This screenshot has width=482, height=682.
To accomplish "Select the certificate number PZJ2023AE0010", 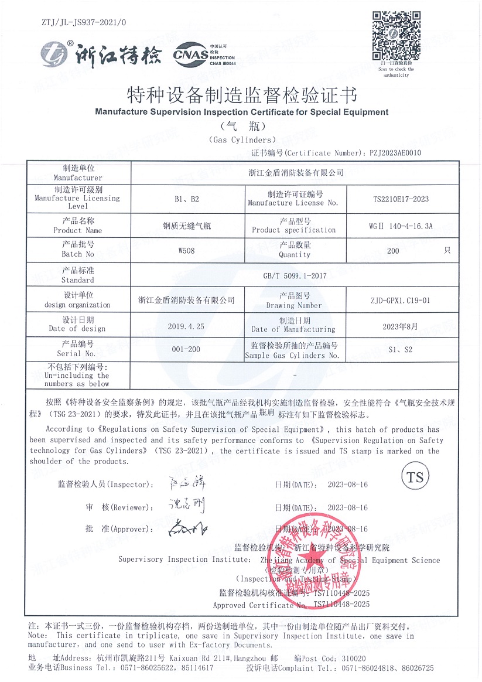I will coord(395,153).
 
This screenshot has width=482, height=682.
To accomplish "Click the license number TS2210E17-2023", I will coord(401,199).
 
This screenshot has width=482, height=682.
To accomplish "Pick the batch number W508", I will coord(187,250).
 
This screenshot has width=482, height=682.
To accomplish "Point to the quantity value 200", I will coord(393,250).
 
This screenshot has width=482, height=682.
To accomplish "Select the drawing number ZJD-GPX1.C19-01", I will coord(400,301).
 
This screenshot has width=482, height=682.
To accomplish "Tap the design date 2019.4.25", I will coord(187,326).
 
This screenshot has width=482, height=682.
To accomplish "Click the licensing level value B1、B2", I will coord(187,199).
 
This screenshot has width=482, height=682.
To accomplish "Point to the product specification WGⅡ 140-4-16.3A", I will coord(401,225).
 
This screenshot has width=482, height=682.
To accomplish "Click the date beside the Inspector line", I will coord(348,485).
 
